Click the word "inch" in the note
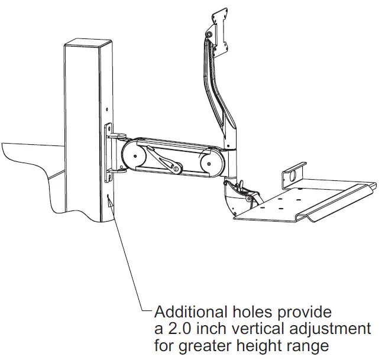[x=210, y=328]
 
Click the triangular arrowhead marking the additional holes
[x=110, y=203]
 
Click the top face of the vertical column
[x=89, y=45]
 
